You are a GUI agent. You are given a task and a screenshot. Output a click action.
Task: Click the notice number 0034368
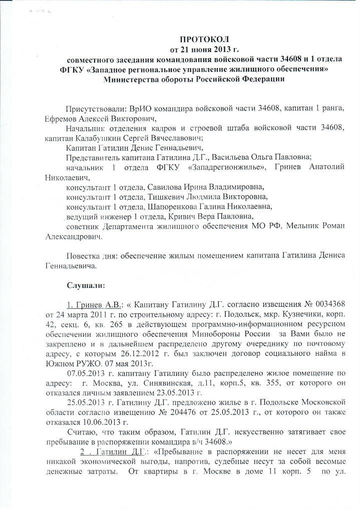[341, 305]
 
